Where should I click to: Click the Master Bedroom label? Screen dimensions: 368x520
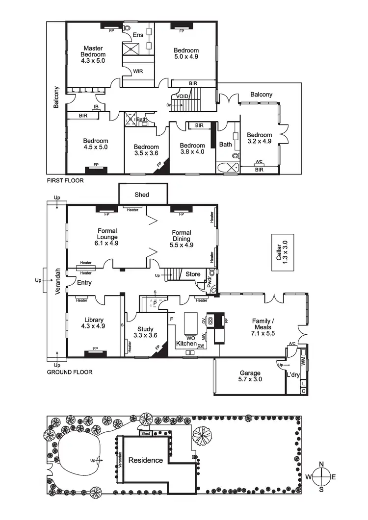point(93,54)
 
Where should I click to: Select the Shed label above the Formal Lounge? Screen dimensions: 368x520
point(142,195)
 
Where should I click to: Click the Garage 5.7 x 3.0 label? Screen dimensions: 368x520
point(249,375)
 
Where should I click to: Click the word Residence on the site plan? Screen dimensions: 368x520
point(145,460)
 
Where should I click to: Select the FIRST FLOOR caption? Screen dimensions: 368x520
point(65,180)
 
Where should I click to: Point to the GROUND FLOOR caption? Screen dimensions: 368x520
point(69,372)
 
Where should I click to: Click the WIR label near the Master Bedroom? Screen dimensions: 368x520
point(138,71)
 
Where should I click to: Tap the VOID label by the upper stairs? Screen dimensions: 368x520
point(183,97)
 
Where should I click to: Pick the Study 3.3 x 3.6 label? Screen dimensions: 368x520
point(145,332)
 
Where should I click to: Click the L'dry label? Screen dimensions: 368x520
point(293,375)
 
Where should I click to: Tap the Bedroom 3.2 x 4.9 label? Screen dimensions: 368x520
point(259,138)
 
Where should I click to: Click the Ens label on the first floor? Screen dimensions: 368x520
point(138,35)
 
